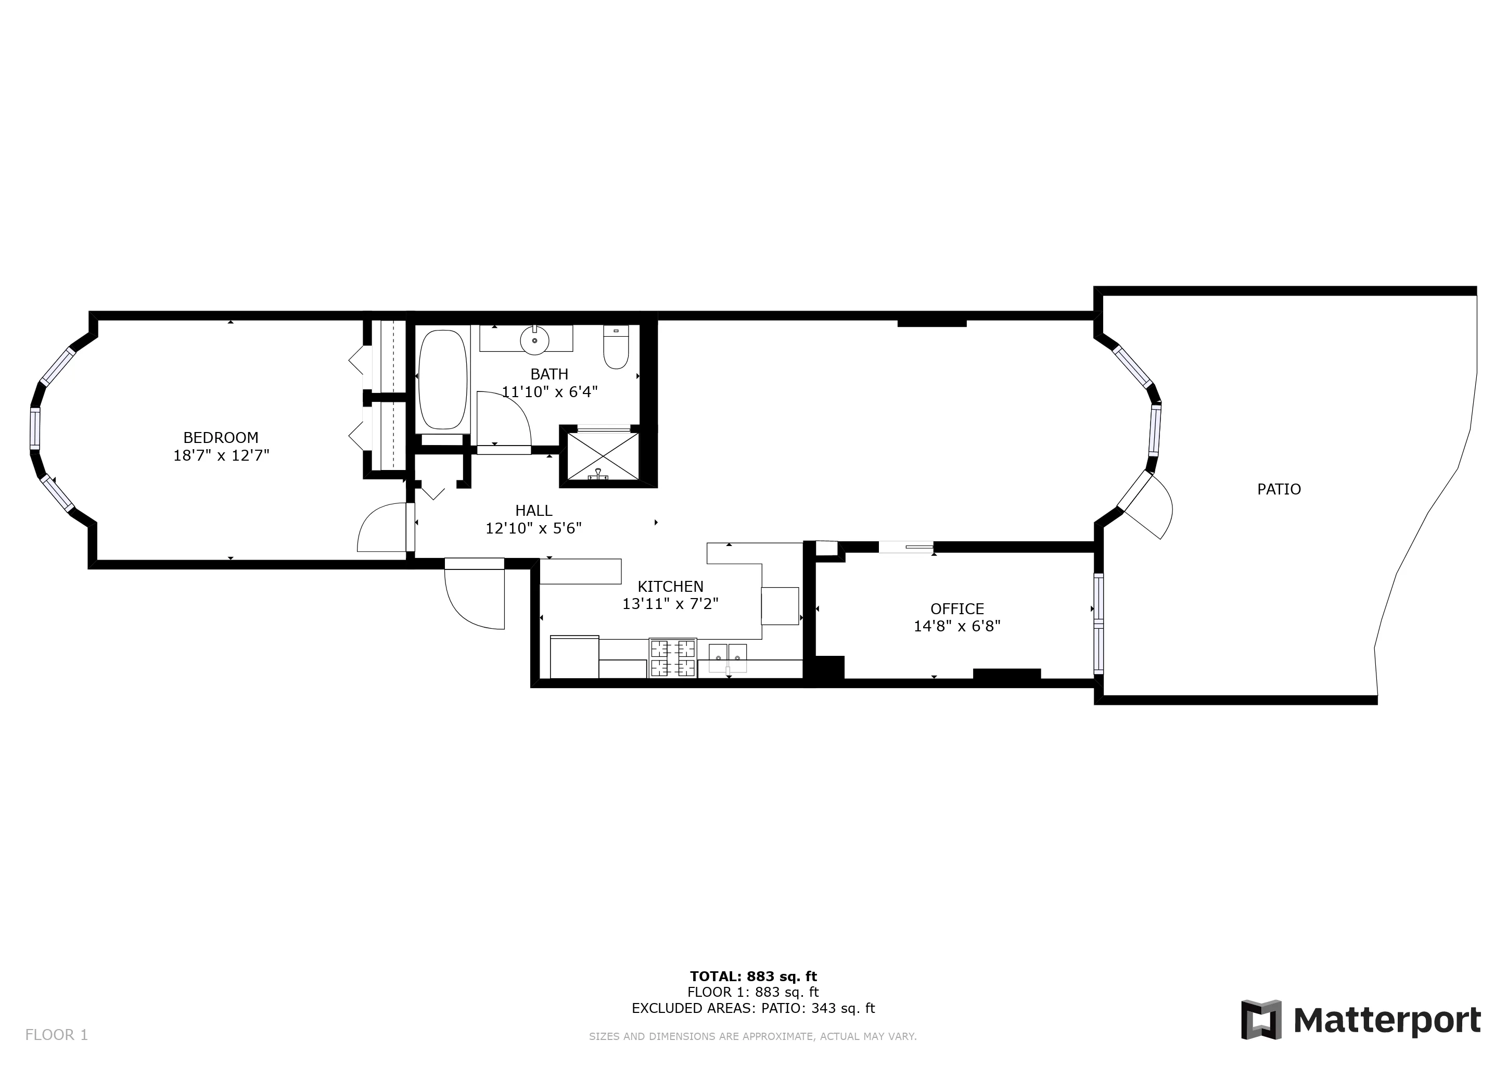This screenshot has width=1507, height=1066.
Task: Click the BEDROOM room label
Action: pos(221,438)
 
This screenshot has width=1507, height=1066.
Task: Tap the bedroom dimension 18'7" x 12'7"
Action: pos(221,455)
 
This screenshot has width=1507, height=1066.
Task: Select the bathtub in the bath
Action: pos(442,380)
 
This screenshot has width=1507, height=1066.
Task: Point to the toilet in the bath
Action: pos(616,347)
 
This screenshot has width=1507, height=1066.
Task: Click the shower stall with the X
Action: pos(603,455)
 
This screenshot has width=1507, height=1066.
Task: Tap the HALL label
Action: pos(533,511)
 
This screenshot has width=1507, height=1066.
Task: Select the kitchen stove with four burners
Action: pos(672,658)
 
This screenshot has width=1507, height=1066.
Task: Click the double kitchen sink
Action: pos(728,658)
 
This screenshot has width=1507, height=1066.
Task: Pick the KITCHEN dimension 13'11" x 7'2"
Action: pos(670,604)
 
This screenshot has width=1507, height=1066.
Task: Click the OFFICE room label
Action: pos(957,609)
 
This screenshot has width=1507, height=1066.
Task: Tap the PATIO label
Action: pos(1279,489)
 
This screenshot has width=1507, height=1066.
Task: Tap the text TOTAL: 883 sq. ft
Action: pos(753,976)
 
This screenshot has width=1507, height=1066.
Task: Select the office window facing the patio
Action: pos(1098,624)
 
